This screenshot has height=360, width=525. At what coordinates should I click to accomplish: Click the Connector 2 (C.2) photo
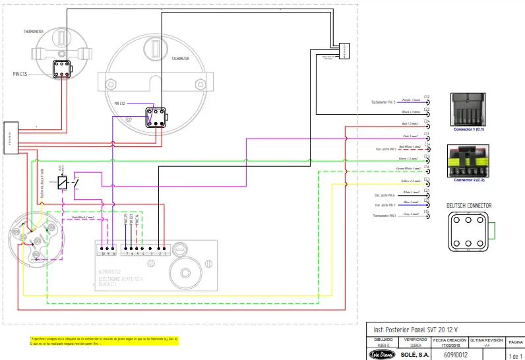pyautogui.click(x=470, y=162)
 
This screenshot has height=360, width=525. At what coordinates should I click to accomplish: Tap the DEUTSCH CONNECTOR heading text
pyautogui.click(x=469, y=206)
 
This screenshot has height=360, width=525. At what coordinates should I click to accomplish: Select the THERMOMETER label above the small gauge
pyautogui.click(x=34, y=31)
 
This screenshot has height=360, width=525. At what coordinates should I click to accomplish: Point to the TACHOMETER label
pyautogui.click(x=180, y=58)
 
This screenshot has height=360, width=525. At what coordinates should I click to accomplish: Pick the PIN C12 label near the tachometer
pyautogui.click(x=119, y=104)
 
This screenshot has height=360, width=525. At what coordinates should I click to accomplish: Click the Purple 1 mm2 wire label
pyautogui.click(x=410, y=100)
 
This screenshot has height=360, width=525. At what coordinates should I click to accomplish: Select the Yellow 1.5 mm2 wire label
pyautogui.click(x=411, y=181)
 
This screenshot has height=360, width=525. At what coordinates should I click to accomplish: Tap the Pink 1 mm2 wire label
pyautogui.click(x=411, y=136)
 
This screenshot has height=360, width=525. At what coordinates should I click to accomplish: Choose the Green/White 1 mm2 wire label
pyautogui.click(x=410, y=169)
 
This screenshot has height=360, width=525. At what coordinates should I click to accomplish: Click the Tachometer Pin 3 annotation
pyautogui.click(x=383, y=102)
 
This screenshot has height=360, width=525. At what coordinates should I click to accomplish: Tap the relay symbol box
pyautogui.click(x=62, y=183)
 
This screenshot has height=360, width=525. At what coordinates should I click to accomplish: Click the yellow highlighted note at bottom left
pyautogui.click(x=104, y=341)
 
